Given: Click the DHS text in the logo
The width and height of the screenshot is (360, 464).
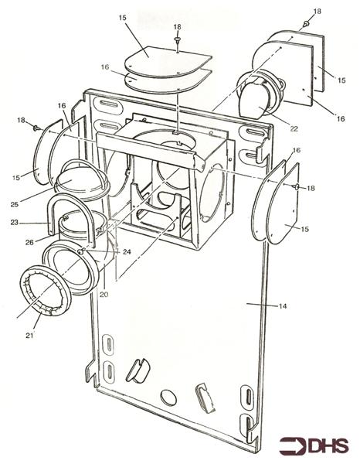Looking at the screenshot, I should [325, 446].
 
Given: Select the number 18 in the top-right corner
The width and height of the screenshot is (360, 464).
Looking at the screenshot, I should [318, 12].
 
